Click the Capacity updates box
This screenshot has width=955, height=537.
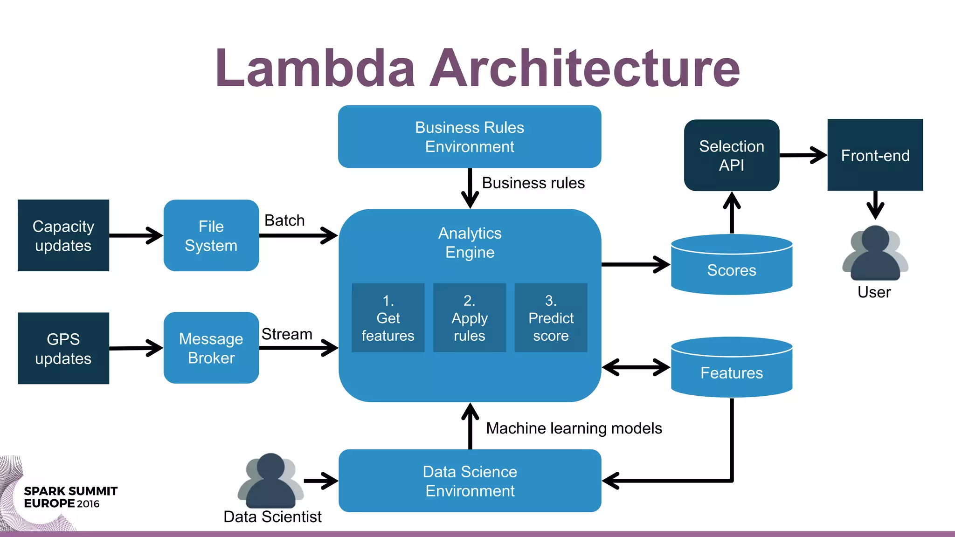point(63,235)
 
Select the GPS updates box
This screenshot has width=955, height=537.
point(63,348)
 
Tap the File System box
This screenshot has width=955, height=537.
point(211,235)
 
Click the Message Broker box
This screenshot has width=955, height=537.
point(211,348)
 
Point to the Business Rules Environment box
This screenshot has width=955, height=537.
point(470,137)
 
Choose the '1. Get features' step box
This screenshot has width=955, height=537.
point(388,317)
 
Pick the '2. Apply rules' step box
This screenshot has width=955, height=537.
point(470,317)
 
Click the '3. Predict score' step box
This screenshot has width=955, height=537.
point(551,317)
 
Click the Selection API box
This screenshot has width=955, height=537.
point(732,155)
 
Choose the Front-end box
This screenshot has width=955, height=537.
point(875,155)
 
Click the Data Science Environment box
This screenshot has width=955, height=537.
point(470,481)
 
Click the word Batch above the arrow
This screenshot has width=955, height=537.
point(284,220)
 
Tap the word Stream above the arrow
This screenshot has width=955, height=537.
point(287,334)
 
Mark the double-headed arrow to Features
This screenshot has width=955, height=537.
point(636,367)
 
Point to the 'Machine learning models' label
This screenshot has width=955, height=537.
point(574,428)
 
